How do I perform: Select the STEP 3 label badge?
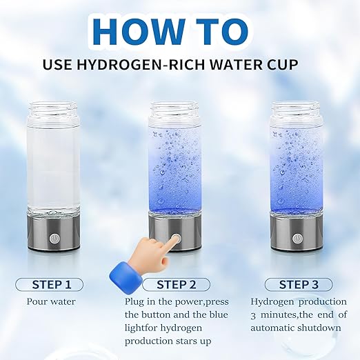click(x=298, y=284)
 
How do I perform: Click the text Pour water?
click(x=51, y=301)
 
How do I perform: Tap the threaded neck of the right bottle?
click(x=297, y=110)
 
